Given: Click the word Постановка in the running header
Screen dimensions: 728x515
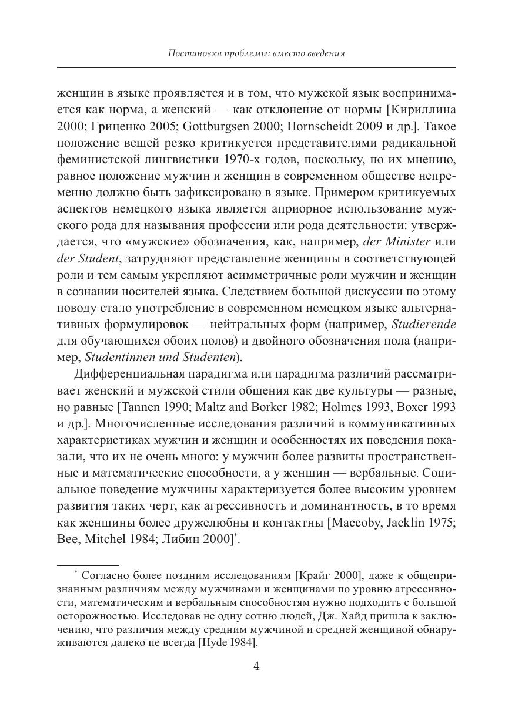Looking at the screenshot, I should click(x=192, y=54).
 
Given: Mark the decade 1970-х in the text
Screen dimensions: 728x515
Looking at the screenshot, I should click(x=245, y=159).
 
